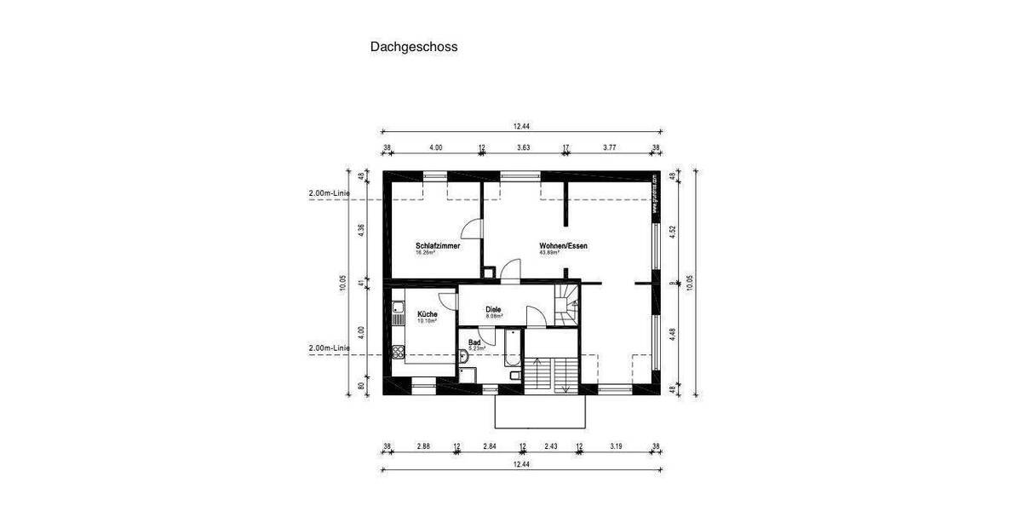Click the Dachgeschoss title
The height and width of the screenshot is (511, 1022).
point(413,47)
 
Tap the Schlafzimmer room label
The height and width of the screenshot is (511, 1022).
point(438,246)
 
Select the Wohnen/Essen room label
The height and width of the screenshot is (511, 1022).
point(563,246)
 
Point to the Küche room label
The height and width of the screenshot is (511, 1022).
point(427,314)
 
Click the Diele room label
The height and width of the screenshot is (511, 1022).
point(493,309)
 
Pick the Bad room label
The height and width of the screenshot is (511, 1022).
point(474,342)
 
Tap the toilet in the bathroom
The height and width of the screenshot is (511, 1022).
point(514,376)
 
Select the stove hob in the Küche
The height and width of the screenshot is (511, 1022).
point(399,320)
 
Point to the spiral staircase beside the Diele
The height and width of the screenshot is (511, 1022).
point(566,305)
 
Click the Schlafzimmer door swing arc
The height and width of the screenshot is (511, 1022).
point(468,228)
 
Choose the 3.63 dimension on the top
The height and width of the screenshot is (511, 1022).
point(524,147)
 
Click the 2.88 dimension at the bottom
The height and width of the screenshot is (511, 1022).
point(422,446)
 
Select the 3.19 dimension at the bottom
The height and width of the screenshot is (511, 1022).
point(616,446)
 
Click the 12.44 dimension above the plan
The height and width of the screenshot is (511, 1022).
point(521,126)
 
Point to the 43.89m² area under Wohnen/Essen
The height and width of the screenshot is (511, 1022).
point(549,253)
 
